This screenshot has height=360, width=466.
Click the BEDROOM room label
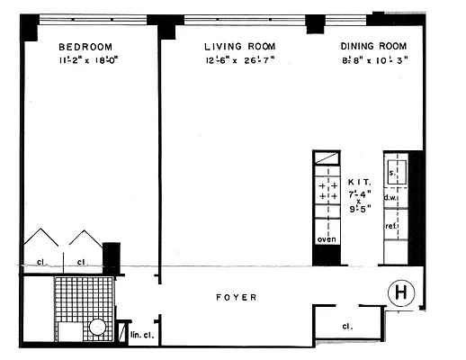85,47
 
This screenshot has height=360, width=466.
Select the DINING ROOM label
373,47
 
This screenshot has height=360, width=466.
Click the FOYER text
237,297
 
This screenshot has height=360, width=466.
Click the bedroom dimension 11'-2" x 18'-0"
88,62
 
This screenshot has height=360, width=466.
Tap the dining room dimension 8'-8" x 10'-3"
374,62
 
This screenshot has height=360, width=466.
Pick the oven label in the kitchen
326,238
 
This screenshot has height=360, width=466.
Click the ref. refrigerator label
392,227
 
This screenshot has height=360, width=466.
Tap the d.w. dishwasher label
391,197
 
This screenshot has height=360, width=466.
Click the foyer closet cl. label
347,326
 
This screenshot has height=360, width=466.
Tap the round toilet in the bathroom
98,328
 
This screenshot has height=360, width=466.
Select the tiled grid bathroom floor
80,297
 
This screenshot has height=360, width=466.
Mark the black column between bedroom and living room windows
167,29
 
